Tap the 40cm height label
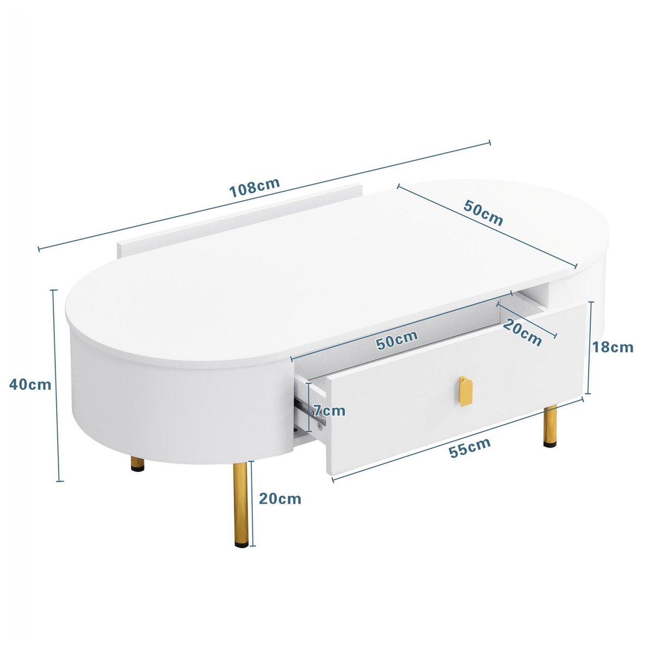(31, 384)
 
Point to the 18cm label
(613, 347)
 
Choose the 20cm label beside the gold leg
(280, 498)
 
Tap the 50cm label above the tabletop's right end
(483, 213)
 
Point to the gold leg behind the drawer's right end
(551, 425)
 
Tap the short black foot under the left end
(137, 464)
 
